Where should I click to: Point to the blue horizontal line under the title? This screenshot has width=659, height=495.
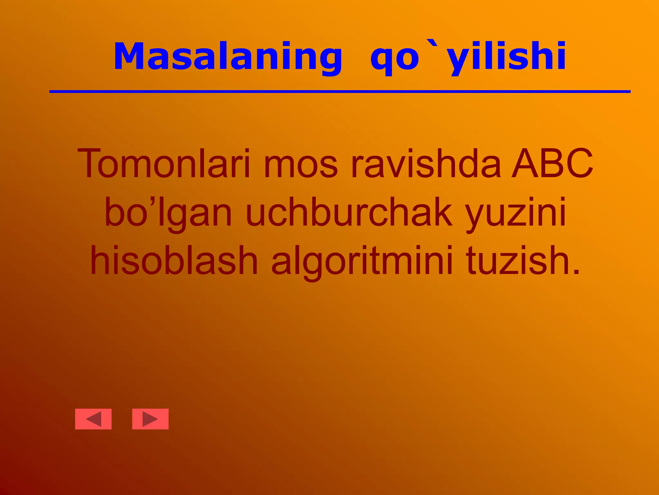point(339,92)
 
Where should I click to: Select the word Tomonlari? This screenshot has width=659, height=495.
point(164,163)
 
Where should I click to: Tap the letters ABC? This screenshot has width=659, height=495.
point(552,163)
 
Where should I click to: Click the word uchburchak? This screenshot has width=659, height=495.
point(349,213)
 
